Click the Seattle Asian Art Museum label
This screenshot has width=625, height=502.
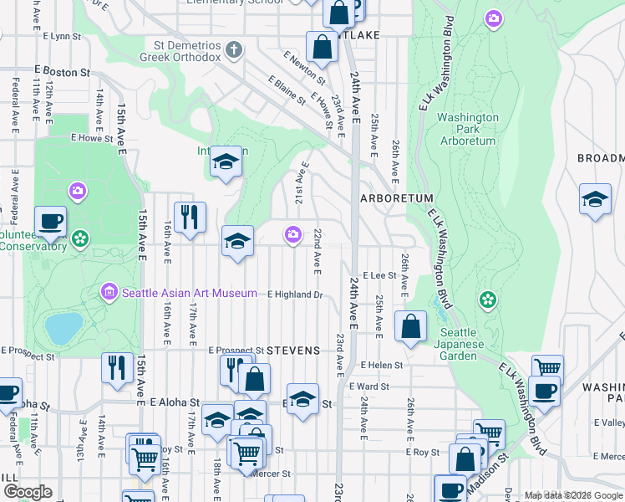pyautogui.click(x=189, y=293)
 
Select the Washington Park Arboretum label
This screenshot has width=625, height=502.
pyautogui.click(x=467, y=129)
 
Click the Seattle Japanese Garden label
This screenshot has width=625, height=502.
pyautogui.click(x=470, y=344)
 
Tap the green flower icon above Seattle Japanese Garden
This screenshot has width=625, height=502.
pyautogui.click(x=488, y=299)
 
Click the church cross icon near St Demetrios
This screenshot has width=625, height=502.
pyautogui.click(x=235, y=49)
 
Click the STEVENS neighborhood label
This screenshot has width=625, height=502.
pyautogui.click(x=293, y=351)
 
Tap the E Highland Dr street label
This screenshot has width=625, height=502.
pyautogui.click(x=295, y=295)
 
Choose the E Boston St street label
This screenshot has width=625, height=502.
pyautogui.click(x=62, y=73)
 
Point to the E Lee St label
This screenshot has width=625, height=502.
pyautogui.click(x=379, y=275)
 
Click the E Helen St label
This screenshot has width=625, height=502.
pyautogui.click(x=382, y=365)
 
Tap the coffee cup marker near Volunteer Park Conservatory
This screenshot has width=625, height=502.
pyautogui.click(x=50, y=222)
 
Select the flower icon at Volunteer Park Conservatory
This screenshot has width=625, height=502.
pyautogui.click(x=80, y=238)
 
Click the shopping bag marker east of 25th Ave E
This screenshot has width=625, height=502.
pyautogui.click(x=410, y=327)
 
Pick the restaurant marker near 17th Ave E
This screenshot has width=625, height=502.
pyautogui.click(x=190, y=218)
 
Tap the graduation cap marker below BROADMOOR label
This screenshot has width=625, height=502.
pyautogui.click(x=595, y=200)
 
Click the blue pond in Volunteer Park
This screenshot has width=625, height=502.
pyautogui.click(x=64, y=328)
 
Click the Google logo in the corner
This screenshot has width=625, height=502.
pyautogui.click(x=28, y=492)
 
